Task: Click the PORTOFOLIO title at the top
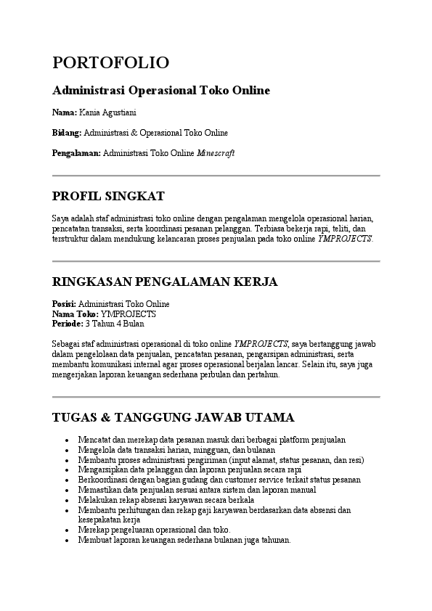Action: pos(110,62)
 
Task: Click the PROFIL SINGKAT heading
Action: pos(108,196)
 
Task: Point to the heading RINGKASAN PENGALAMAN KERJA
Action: pos(165,282)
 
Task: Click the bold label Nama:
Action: pos(65,112)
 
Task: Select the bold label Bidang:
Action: pos(68,133)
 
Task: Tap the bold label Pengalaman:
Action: pos(76,153)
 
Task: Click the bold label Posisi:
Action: pos(64,304)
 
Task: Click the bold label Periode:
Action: pos(68,324)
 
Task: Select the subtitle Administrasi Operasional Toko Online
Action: pos(161,91)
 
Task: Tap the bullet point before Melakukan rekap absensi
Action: pos(67,501)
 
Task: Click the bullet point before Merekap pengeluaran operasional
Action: pos(67,530)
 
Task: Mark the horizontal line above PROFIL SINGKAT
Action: pos(216,176)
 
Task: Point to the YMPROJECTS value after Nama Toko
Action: pos(129,314)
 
